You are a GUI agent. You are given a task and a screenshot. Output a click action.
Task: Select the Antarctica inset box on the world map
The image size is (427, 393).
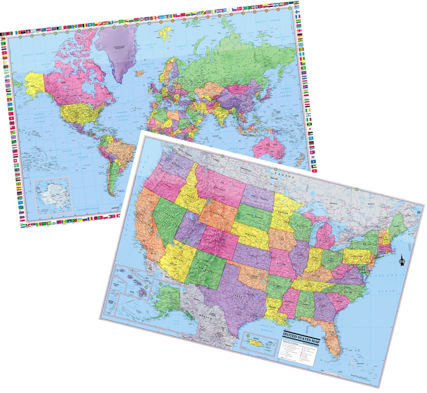[x=52, y=196]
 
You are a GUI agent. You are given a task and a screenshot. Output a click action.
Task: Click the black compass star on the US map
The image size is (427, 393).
[x=402, y=260]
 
